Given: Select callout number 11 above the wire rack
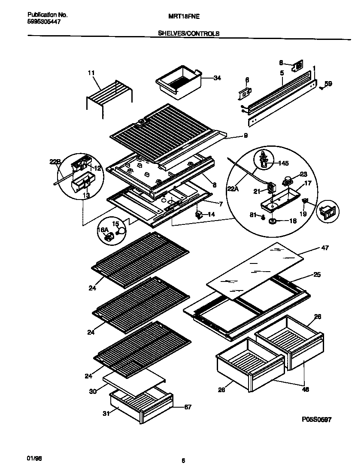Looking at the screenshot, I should coord(91,73).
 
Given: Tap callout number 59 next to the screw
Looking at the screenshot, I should coord(328,84).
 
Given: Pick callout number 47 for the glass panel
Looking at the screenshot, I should coord(325,248).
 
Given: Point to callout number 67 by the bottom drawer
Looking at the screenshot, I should coord(187,407).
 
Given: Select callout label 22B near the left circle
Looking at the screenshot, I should coord(55,162).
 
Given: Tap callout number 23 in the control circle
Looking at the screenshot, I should coord(303,174).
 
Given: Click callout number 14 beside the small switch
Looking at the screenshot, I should coord(211,214).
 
